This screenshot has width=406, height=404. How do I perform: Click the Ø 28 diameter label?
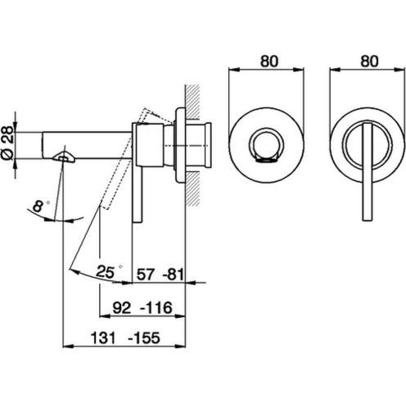point(7,143)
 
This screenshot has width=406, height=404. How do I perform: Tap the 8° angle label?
point(39,206)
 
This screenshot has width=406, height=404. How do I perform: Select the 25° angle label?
point(108,271)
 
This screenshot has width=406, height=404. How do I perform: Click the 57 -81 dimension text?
point(160,275)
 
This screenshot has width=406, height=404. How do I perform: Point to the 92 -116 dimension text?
point(142,308)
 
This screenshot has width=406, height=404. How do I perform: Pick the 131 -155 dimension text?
point(125,338)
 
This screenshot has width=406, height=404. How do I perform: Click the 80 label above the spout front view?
point(269,61)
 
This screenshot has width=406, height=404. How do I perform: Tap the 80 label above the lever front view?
point(369,61)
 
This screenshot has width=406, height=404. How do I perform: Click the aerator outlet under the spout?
point(64,157)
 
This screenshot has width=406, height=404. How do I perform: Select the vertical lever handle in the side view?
point(138,194)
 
